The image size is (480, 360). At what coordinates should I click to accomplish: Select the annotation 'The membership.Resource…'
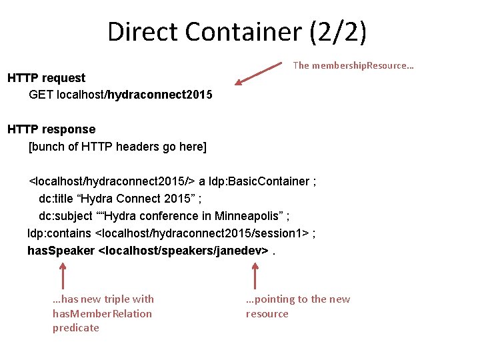pos(353,65)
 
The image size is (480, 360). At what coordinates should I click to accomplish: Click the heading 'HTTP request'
pos(47,78)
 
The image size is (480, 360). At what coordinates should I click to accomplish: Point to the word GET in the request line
pos(41,95)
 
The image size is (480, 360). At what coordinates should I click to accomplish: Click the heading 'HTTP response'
pos(51,129)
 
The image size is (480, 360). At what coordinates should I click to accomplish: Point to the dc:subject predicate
pos(65,216)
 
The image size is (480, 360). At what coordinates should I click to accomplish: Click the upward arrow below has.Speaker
pos(62,275)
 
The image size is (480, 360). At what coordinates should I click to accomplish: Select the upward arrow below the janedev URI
pos(255,275)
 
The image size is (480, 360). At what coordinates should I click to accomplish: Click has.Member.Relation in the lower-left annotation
pos(102,313)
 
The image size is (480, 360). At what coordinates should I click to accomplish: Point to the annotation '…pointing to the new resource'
pos(297,307)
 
